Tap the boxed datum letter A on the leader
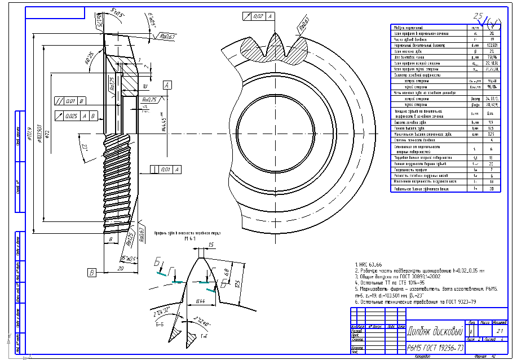tap(167, 85)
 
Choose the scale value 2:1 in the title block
tap(500, 332)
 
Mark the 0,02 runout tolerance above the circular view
tap(258, 16)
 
